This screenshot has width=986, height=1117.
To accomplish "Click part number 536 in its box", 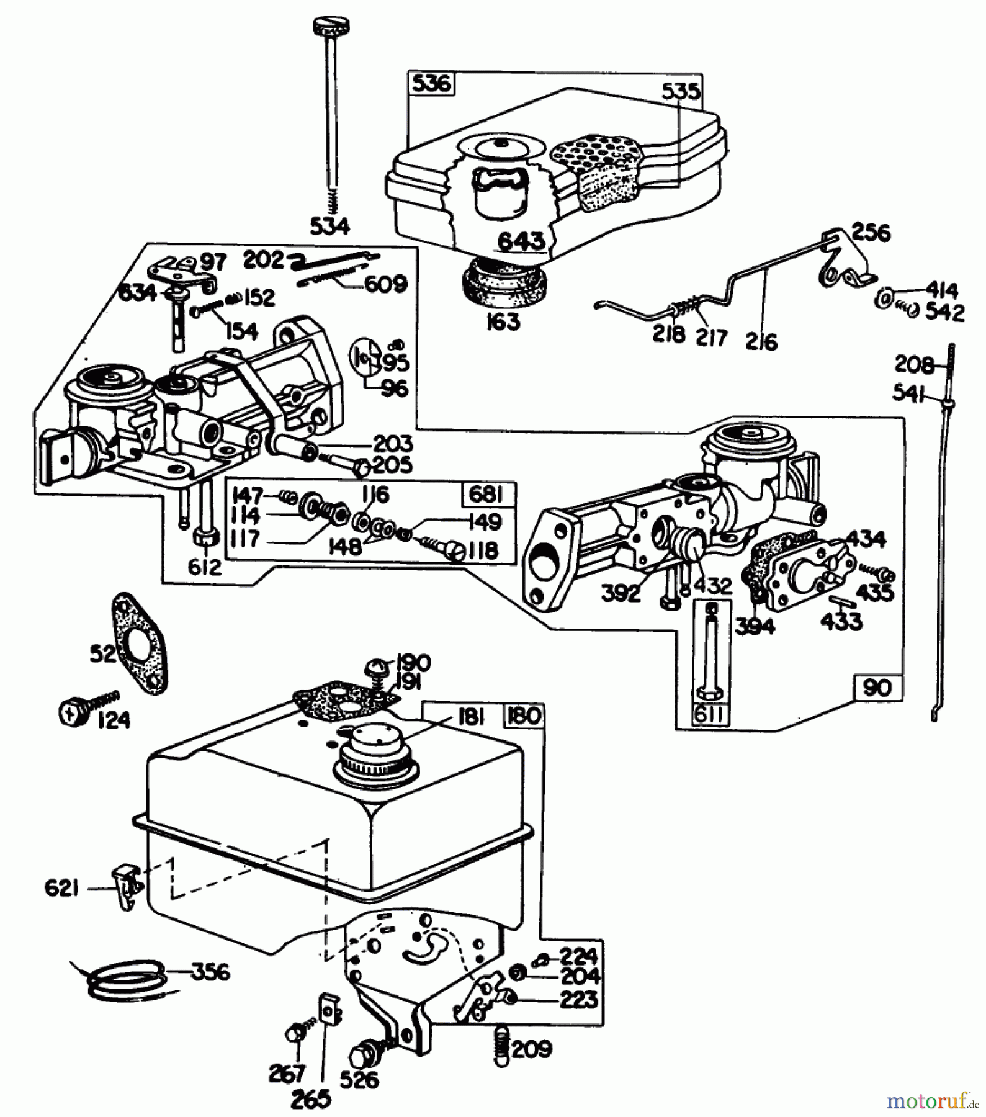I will pyautogui.click(x=431, y=84).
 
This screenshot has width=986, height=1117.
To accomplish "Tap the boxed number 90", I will pyautogui.click(x=876, y=687).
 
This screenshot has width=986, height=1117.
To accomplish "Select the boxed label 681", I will pyautogui.click(x=485, y=495).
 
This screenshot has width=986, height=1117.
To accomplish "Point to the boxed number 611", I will pyautogui.click(x=709, y=715).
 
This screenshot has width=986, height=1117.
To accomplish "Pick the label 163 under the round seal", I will pyautogui.click(x=503, y=321).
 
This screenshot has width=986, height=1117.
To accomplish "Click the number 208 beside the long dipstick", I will pyautogui.click(x=914, y=365).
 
